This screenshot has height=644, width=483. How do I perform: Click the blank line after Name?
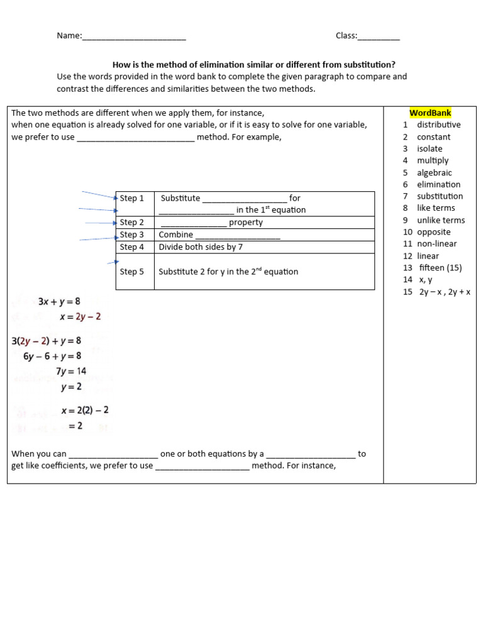[x=134, y=36]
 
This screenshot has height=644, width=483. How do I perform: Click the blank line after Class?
[x=379, y=36]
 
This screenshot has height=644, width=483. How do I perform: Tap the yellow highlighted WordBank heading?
[x=430, y=113]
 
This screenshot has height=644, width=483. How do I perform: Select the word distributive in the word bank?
[x=438, y=125]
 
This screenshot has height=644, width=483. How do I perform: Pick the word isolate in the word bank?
[x=430, y=148]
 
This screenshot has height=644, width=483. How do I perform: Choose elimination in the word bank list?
[x=438, y=184]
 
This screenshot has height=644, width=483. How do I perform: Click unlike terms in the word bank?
[x=441, y=220]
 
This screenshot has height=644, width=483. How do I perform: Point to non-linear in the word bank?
[x=436, y=243]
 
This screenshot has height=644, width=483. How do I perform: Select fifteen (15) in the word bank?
[x=440, y=267]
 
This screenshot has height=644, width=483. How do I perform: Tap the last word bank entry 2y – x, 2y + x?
[x=445, y=292]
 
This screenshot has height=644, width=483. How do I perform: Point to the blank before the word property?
[x=194, y=223]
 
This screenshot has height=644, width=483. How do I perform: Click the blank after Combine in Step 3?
[x=238, y=236]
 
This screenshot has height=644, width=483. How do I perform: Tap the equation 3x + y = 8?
[x=59, y=302]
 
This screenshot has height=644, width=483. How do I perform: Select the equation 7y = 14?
[x=70, y=371]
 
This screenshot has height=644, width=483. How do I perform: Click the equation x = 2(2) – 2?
[x=85, y=410]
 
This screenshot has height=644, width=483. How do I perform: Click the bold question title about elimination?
[x=254, y=65]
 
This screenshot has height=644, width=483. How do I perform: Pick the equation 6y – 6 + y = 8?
[x=52, y=356]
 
